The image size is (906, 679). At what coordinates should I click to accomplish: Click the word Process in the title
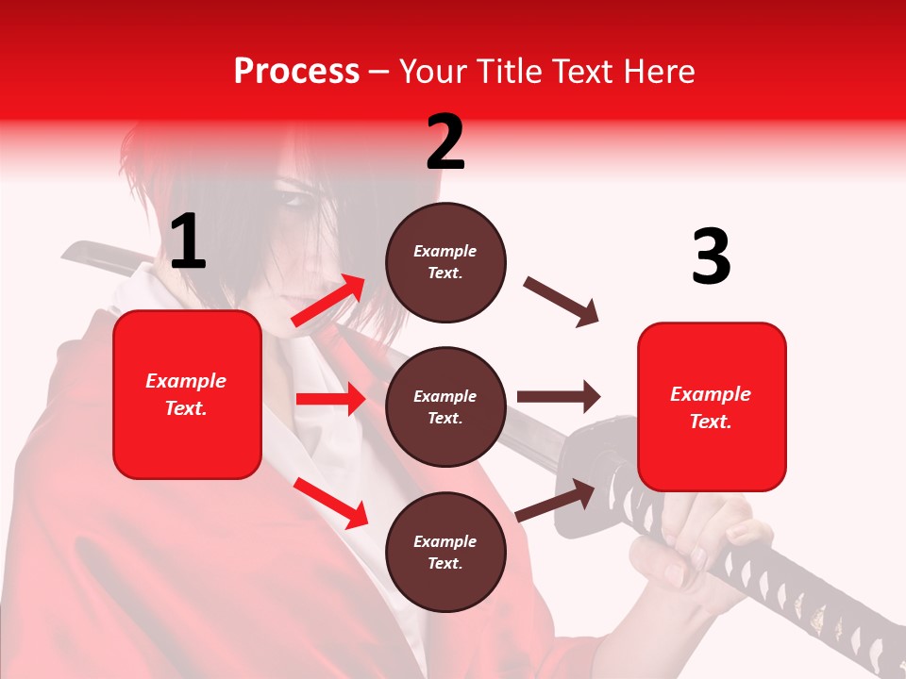296,72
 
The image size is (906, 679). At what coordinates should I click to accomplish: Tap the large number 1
188,242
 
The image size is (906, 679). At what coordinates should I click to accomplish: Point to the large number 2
445,142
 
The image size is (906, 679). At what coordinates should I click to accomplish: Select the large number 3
711,257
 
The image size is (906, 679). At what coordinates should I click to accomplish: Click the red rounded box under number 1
187,394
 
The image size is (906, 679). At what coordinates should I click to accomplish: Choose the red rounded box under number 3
712,406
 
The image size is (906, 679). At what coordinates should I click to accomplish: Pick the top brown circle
445,262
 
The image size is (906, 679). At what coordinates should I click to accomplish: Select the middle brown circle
445,407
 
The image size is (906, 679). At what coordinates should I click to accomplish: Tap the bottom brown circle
445,553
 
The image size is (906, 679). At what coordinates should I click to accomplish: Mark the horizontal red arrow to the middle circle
330,399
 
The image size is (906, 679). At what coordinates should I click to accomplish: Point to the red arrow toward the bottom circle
331,503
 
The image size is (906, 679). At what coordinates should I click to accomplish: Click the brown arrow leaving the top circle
561,302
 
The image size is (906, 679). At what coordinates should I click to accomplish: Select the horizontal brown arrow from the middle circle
559,397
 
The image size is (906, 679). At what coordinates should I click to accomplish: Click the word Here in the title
660,72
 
